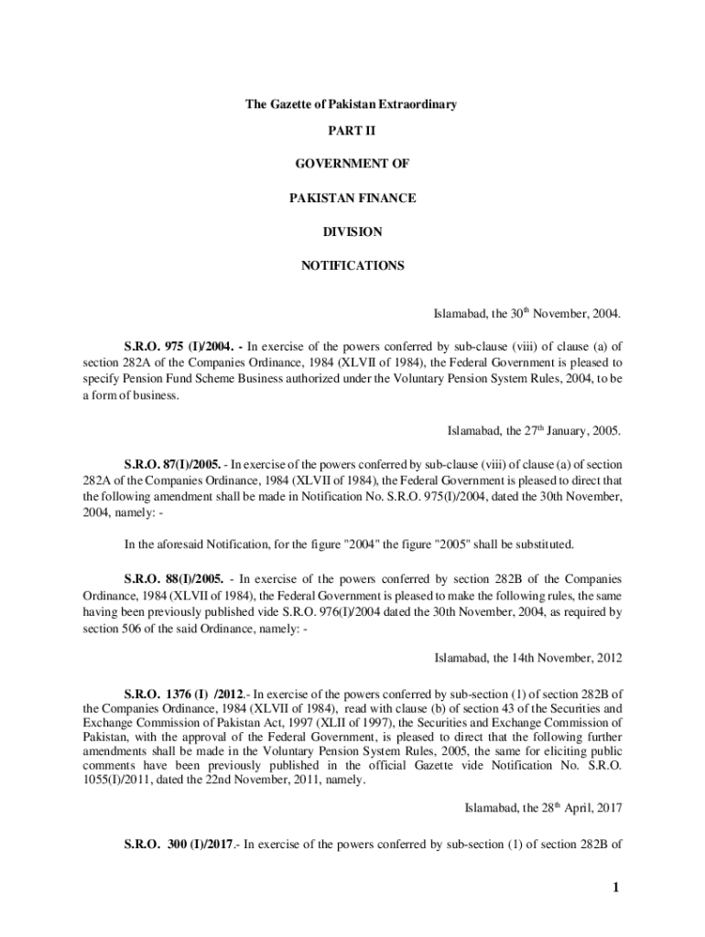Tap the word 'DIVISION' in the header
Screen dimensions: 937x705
(352, 232)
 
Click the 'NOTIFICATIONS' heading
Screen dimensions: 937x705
(352, 265)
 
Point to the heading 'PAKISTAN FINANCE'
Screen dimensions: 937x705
(352, 198)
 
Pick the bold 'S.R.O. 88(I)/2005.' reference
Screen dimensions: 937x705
(173, 579)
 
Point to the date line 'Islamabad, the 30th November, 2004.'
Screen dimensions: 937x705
(526, 314)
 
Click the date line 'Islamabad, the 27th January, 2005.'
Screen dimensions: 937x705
(534, 429)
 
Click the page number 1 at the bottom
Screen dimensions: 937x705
(618, 887)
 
